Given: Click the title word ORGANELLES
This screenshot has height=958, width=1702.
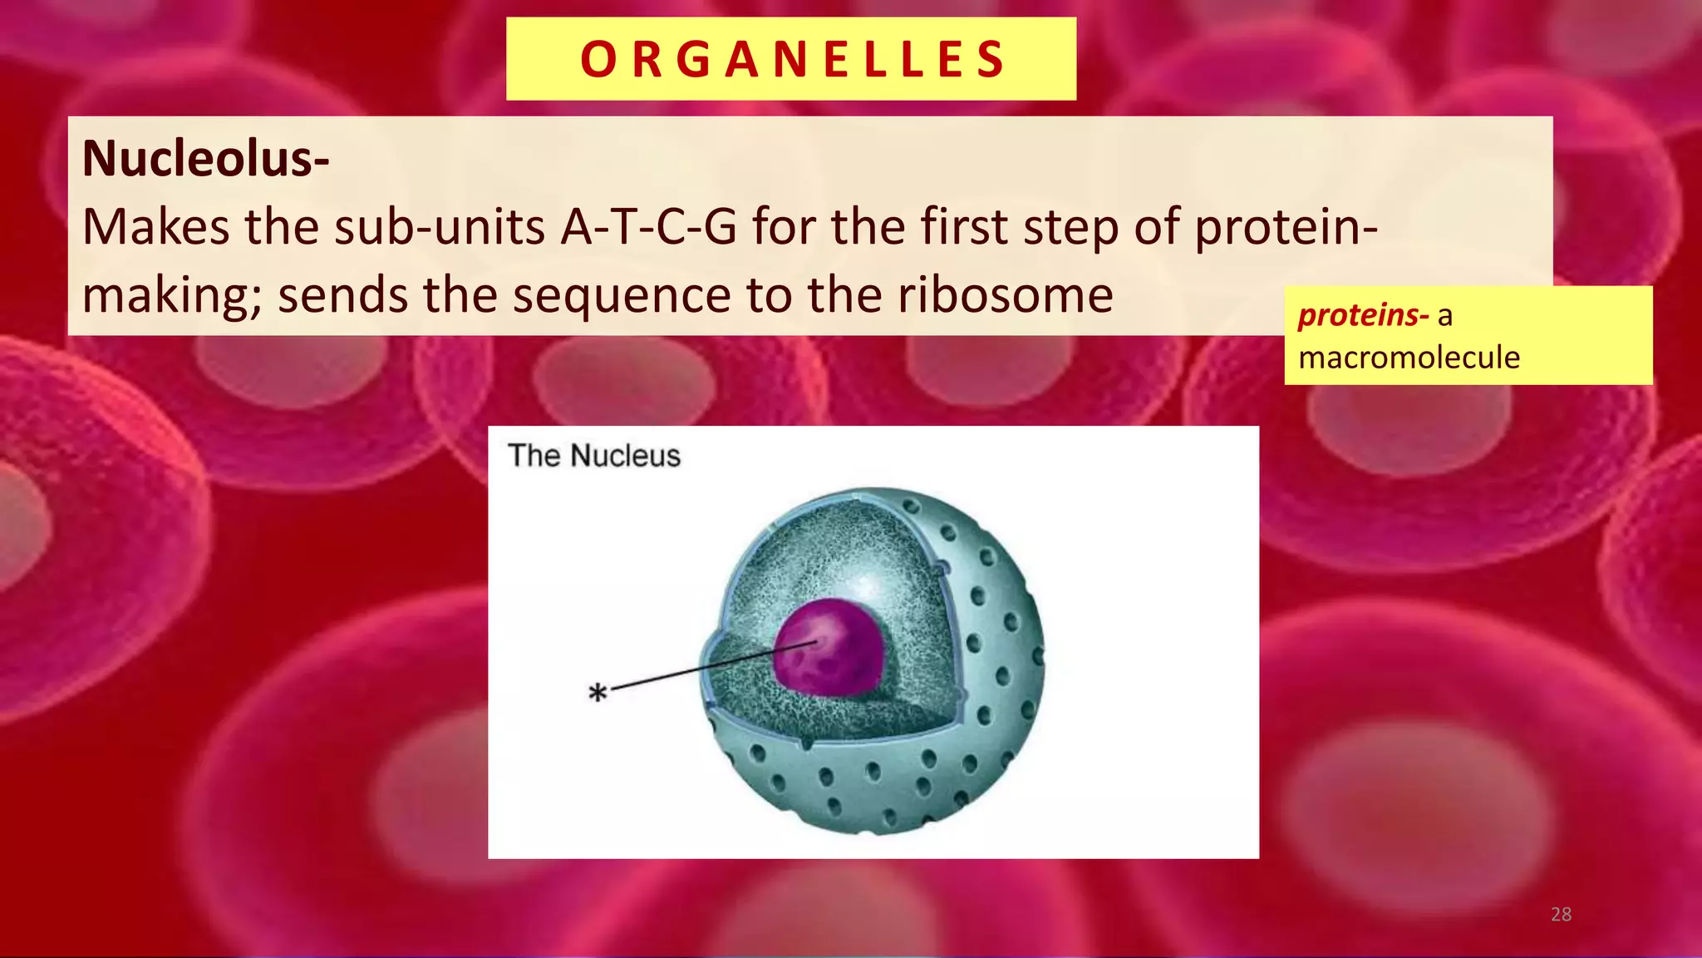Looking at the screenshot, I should [x=792, y=60].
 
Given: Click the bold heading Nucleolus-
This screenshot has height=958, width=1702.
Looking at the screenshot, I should [x=205, y=158].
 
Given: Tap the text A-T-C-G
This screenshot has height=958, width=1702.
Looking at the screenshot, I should [x=649, y=226].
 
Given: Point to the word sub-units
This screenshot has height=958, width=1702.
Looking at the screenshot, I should [x=439, y=226].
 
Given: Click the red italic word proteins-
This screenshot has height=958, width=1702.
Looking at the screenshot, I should [x=1363, y=315].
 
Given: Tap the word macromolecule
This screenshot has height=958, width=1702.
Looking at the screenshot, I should [x=1409, y=358].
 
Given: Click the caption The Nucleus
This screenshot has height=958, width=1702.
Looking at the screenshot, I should [x=593, y=456].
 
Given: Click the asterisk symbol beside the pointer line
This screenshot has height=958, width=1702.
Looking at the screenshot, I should [x=598, y=692].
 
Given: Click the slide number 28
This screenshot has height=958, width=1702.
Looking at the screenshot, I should [x=1561, y=914].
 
